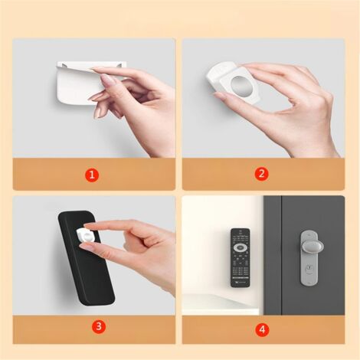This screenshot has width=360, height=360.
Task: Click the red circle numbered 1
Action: pos(92,174)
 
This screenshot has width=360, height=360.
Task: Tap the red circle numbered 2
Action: pos(262,174)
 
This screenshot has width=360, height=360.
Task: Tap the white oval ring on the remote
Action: pos(241,248)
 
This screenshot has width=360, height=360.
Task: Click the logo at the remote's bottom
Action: pos(241,283)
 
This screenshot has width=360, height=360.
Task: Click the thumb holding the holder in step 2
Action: pos(224,96)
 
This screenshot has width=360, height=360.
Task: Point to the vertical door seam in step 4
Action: pos(281,253)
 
